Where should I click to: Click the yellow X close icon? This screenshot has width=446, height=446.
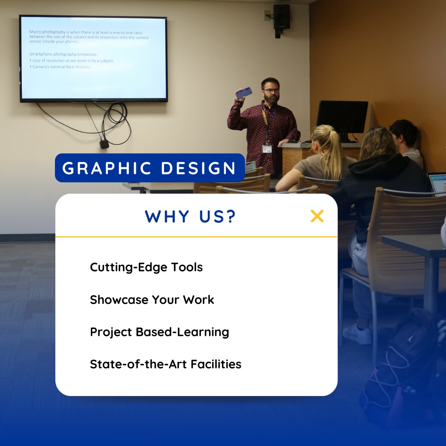(317, 216)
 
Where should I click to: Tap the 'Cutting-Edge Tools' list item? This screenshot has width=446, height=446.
(146, 267)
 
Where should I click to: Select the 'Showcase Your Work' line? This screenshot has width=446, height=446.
(152, 299)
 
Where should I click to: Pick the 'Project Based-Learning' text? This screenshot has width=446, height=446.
(159, 332)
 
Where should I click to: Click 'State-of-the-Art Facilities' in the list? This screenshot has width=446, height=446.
(166, 364)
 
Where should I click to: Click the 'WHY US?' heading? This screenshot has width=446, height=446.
(190, 216)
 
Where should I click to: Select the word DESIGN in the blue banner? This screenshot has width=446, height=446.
(198, 168)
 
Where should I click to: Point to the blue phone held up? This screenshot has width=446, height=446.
(244, 93)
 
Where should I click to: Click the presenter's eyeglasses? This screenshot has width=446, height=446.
(271, 90)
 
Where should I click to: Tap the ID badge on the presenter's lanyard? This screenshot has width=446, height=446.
(267, 149)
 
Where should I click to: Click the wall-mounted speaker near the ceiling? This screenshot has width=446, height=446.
(281, 17)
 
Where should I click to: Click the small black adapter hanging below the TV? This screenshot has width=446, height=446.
(104, 144)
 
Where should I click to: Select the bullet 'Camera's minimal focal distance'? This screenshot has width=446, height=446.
(62, 67)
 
